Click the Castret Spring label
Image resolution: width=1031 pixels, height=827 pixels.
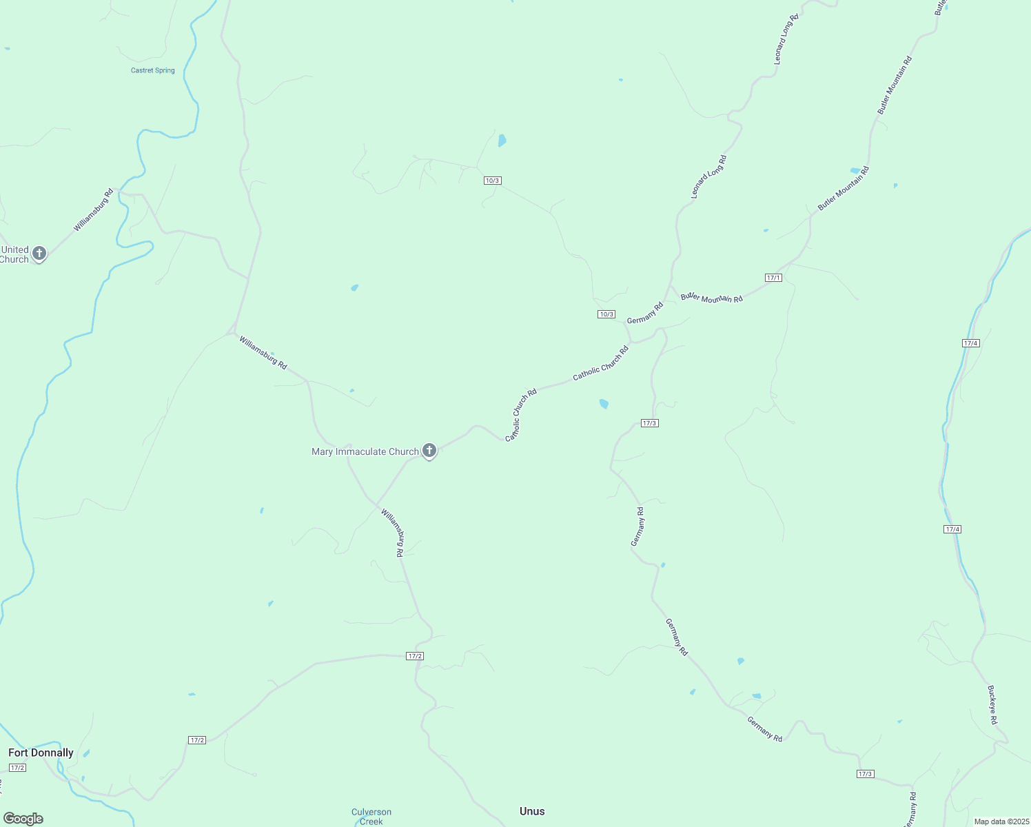tap(153, 70)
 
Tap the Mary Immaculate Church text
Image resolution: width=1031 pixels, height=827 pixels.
tap(365, 452)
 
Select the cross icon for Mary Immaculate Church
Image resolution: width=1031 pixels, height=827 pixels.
tap(429, 451)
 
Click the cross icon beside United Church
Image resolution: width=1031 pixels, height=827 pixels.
tap(39, 254)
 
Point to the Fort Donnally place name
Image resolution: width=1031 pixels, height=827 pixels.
tap(41, 753)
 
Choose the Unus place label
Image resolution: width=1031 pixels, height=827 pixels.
tap(532, 811)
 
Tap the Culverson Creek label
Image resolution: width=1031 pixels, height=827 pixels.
tap(371, 817)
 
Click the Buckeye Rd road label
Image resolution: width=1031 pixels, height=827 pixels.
tap(992, 705)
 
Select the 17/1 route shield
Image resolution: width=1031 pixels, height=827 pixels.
tap(773, 278)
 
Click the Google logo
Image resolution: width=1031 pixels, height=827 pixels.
tap(23, 819)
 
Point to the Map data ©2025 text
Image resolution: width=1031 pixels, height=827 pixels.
tap(1001, 821)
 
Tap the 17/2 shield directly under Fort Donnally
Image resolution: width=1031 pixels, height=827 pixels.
tap(18, 768)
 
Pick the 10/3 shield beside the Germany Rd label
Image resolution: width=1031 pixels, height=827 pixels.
tap(606, 314)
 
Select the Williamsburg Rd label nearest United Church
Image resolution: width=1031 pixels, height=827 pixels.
tap(94, 210)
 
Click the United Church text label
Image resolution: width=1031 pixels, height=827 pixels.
tap(14, 254)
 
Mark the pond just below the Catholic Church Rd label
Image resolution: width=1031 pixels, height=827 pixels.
tap(604, 404)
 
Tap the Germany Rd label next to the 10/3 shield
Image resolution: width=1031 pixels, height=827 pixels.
tap(644, 312)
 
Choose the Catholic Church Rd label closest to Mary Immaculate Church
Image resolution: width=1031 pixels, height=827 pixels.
tap(520, 416)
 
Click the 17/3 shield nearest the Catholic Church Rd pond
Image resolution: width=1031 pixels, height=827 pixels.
tap(649, 423)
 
